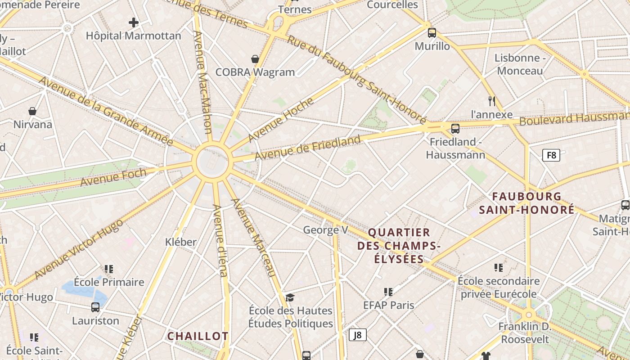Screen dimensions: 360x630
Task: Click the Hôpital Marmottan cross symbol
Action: [x=134, y=22]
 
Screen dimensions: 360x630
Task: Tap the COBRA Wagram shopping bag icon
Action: [x=255, y=59]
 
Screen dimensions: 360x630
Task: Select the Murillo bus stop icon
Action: [x=432, y=33]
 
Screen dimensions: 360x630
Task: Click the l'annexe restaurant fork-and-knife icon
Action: [x=492, y=101]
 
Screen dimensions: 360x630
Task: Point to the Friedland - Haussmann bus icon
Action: [x=455, y=129]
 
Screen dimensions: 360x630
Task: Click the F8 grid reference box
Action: [x=551, y=156]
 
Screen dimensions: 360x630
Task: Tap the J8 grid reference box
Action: [x=358, y=335]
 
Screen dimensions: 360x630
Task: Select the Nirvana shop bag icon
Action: [x=32, y=111]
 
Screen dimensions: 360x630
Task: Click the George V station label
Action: [x=326, y=230]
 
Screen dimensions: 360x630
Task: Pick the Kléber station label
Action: [x=181, y=242]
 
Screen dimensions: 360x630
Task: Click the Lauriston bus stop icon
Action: [x=95, y=307]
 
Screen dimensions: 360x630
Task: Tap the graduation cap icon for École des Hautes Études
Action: [x=290, y=297]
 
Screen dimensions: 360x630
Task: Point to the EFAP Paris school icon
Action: [x=388, y=292]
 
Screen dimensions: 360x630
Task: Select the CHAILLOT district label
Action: [x=198, y=336]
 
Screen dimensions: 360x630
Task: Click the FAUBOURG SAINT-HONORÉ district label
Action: [x=526, y=203]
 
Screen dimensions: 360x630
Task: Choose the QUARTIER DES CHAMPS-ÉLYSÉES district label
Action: [x=399, y=246]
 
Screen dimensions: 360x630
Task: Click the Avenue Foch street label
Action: [x=113, y=177]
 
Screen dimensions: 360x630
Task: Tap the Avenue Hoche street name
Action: [x=281, y=120]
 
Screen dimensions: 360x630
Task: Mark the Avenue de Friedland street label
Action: [x=308, y=148]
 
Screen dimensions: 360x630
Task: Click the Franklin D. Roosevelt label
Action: [x=525, y=332]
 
